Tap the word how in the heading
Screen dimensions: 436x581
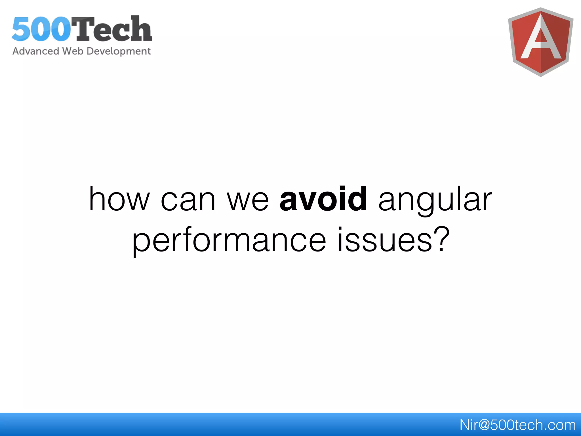(x=119, y=199)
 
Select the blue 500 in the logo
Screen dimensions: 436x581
(x=41, y=29)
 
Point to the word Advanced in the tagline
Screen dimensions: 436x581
(x=36, y=51)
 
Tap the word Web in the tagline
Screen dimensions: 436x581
(x=73, y=51)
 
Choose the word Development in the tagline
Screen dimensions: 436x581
(x=119, y=51)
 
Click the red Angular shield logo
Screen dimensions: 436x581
(x=540, y=42)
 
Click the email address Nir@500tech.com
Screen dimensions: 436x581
(x=517, y=425)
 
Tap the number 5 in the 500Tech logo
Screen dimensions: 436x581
(x=22, y=29)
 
